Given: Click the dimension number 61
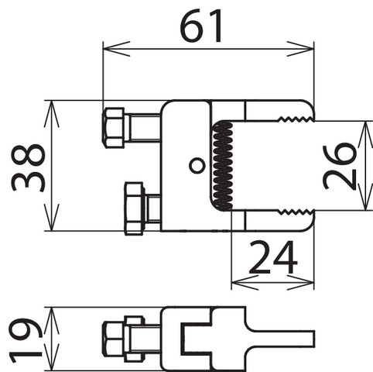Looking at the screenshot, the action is click(200, 26).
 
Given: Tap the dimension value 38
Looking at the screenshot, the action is click(29, 167).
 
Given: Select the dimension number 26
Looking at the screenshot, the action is click(340, 167).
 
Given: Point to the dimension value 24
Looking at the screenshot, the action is click(273, 257).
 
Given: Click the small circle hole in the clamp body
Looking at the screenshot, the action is click(197, 165).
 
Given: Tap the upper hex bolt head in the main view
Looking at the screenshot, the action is click(114, 128).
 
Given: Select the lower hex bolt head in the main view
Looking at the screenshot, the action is click(135, 208).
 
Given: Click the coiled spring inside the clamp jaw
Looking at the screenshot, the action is click(223, 166).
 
